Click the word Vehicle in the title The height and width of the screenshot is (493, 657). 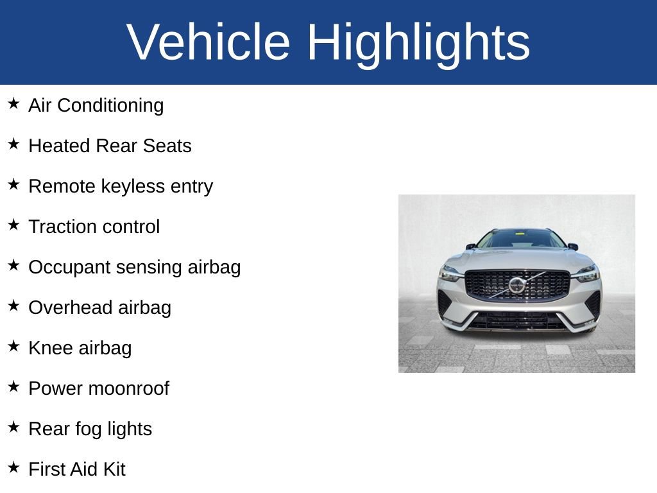[x=209, y=42]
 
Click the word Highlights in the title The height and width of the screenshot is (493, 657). [x=418, y=42]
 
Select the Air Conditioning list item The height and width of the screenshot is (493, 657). [x=96, y=105]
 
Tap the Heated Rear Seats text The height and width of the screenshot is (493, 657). [x=110, y=146]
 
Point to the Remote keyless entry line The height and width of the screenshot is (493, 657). [x=121, y=186]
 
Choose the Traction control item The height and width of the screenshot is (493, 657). [x=94, y=227]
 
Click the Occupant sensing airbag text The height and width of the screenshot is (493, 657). [x=135, y=267]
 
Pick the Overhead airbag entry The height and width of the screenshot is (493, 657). [x=100, y=307]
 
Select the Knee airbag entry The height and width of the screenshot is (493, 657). [x=80, y=348]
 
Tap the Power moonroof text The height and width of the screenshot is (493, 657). [x=99, y=388]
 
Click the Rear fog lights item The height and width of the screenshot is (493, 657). [x=90, y=429]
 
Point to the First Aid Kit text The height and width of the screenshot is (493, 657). [x=77, y=469]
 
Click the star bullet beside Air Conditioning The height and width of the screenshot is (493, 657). [x=13, y=103]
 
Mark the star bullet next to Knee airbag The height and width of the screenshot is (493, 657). [x=13, y=346]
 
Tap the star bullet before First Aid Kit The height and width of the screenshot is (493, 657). [x=13, y=467]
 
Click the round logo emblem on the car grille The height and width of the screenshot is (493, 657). [x=516, y=285]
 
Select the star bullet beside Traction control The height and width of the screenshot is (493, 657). [x=13, y=225]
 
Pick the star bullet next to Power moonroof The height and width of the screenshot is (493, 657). [x=13, y=386]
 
